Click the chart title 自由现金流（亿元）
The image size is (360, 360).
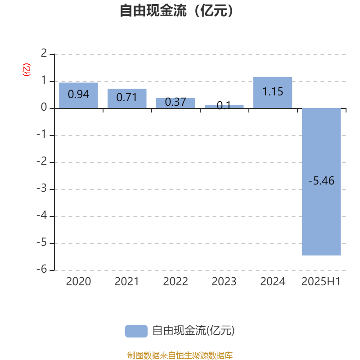(x=176, y=11)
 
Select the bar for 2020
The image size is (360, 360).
(x=78, y=95)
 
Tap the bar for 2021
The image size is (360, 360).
(x=127, y=99)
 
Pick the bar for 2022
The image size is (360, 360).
(x=175, y=103)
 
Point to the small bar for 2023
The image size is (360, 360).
(x=224, y=107)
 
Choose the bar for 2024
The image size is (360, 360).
(x=273, y=93)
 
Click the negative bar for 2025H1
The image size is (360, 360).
(x=321, y=182)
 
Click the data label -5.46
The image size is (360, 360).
(x=321, y=181)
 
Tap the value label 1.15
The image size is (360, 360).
(x=273, y=92)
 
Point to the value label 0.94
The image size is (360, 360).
(x=78, y=94)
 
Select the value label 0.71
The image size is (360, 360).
(x=127, y=97)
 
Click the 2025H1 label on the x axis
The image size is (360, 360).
(x=321, y=282)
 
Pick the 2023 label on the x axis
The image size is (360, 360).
(x=224, y=282)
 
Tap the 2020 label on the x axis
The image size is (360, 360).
(x=78, y=282)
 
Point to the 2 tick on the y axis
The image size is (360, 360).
(x=44, y=53)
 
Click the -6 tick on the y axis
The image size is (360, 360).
(x=42, y=269)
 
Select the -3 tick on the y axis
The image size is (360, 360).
(x=42, y=188)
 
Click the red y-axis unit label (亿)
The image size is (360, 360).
(x=27, y=70)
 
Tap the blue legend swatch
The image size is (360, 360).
(x=136, y=331)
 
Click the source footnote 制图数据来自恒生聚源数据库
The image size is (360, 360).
(x=180, y=355)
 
